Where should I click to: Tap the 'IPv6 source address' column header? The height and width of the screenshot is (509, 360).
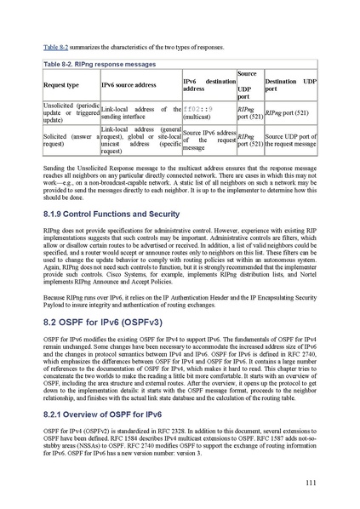pyautogui.click(x=128, y=87)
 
